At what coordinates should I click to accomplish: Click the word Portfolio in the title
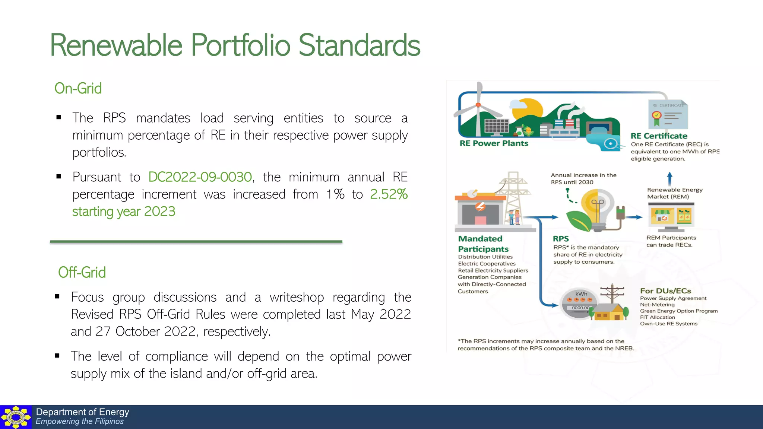240,45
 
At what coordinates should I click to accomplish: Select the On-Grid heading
78,89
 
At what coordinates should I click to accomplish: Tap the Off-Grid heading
82,273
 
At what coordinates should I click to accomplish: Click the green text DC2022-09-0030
200,177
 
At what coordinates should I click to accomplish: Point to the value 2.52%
389,194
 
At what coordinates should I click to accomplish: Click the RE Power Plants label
494,143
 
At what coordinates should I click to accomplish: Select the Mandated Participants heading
483,244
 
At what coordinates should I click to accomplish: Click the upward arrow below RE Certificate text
669,178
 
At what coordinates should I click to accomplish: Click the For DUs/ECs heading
665,291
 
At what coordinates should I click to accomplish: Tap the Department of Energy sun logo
16,417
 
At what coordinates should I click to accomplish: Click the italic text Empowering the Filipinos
79,422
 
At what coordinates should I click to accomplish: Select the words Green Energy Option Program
678,311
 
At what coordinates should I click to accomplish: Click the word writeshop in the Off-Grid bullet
297,297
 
